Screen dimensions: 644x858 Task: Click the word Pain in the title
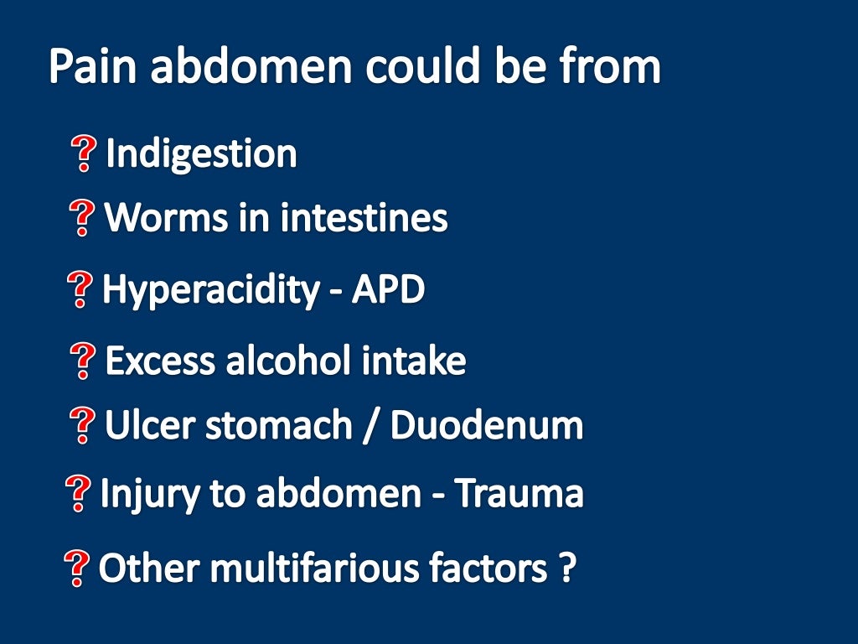pos(92,67)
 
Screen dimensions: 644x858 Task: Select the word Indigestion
pos(201,154)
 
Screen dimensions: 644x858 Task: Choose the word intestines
pos(364,218)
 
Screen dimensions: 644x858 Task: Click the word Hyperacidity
pos(209,290)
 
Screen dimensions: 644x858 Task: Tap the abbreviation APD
pos(388,290)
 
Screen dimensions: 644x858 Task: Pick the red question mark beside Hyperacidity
pos(80,291)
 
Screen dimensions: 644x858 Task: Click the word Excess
pos(160,361)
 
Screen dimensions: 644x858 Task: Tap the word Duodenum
pos(487,426)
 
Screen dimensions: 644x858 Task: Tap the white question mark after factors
pos(566,569)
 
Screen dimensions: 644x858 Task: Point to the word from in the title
pos(616,67)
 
